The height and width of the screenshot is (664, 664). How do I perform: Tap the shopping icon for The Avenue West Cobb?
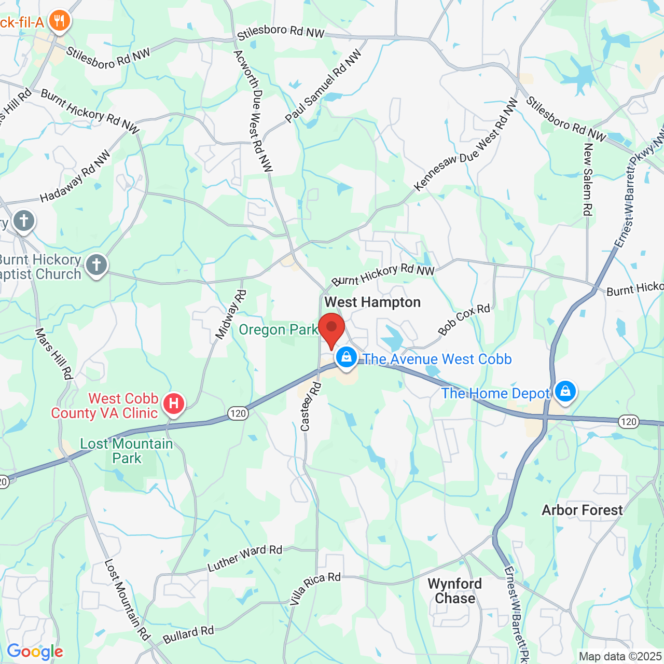(x=346, y=357)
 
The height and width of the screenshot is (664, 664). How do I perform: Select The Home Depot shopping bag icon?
(x=565, y=391)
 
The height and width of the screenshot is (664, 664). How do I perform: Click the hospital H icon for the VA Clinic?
(x=174, y=403)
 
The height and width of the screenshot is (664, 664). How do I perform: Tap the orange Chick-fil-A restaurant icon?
(x=60, y=21)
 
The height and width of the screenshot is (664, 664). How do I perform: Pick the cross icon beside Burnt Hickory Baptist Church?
(x=96, y=265)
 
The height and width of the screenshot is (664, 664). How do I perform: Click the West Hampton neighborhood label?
(x=372, y=302)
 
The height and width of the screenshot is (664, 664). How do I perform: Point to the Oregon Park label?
(x=279, y=330)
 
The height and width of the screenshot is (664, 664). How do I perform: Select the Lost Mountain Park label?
(x=127, y=451)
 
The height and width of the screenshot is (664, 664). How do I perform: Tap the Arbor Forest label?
(x=582, y=510)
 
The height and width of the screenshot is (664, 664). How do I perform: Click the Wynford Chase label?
(x=455, y=591)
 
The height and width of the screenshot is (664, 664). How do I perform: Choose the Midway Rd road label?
(x=231, y=315)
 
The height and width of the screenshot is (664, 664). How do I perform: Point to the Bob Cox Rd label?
(x=464, y=319)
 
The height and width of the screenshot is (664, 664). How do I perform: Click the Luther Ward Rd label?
(x=245, y=558)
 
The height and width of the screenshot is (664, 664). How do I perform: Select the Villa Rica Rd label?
(x=315, y=589)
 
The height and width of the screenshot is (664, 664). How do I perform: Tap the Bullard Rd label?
(x=188, y=634)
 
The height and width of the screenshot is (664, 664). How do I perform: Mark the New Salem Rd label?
(x=588, y=179)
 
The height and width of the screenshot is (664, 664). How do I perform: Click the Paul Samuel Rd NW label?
(x=323, y=87)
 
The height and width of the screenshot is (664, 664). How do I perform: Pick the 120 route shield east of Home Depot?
(x=629, y=421)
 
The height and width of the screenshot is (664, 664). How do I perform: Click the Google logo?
(x=35, y=652)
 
